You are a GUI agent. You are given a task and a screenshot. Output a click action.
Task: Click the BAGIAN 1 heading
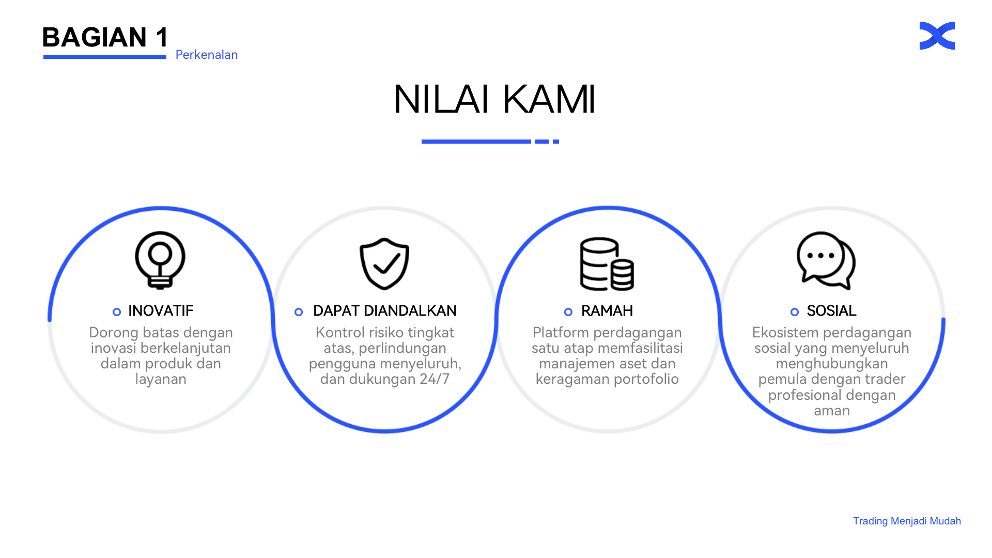click(105, 37)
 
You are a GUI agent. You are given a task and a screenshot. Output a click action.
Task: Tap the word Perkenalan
click(207, 55)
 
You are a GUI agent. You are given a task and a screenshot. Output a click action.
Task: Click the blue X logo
click(937, 36)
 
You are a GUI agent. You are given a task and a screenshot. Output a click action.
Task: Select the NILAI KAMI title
click(494, 99)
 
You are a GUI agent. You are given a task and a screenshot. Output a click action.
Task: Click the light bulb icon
click(160, 259)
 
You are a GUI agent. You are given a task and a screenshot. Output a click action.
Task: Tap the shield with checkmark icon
click(384, 263)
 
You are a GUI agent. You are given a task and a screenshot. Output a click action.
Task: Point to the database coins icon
click(607, 263)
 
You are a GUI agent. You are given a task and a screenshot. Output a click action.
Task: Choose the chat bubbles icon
click(826, 260)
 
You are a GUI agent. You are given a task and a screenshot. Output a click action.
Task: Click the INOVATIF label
click(161, 311)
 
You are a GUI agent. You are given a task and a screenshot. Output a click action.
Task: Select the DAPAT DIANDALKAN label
click(385, 311)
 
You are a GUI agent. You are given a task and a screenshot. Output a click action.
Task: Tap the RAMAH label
click(607, 311)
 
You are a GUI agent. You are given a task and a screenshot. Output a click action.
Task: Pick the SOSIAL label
click(832, 311)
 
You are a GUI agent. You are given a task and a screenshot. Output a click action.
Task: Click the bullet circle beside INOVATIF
click(117, 312)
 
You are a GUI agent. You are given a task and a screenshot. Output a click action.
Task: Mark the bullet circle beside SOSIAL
click(795, 312)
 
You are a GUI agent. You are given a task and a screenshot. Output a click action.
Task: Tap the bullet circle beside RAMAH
click(568, 312)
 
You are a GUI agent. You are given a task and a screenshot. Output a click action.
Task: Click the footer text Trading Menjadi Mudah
click(907, 521)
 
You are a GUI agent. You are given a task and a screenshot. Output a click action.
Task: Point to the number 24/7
click(435, 379)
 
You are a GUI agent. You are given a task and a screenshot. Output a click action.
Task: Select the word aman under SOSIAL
click(832, 411)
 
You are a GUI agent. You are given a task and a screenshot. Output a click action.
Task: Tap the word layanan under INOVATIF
click(161, 380)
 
